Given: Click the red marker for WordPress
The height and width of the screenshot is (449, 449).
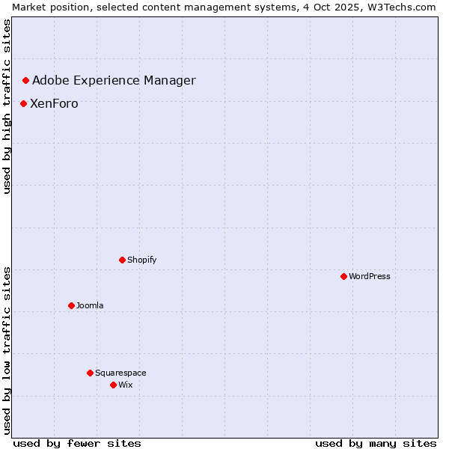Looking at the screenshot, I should click(x=343, y=276).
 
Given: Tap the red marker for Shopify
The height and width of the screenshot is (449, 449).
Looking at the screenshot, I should click(x=122, y=260).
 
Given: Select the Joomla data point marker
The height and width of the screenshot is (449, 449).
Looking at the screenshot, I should click(x=71, y=305).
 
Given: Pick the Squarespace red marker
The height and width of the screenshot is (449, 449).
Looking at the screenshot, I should click(x=90, y=373).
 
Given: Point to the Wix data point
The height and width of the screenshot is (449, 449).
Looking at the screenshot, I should click(x=113, y=385).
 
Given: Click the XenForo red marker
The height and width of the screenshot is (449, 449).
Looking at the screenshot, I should click(x=23, y=103).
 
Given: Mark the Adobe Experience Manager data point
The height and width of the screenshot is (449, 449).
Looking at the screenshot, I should click(x=25, y=80).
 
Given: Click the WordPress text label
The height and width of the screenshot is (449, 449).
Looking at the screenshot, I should click(x=370, y=276).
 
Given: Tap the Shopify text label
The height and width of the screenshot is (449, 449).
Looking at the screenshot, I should click(x=142, y=260).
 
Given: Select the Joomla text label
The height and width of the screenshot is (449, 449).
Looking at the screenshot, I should click(x=90, y=305).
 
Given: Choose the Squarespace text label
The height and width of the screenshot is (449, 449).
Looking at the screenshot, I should click(x=120, y=373).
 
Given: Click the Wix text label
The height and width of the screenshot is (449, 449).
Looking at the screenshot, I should click(x=126, y=385).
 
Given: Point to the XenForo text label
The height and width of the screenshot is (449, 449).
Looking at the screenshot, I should click(x=54, y=103).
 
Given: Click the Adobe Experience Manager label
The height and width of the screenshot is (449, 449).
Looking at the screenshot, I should click(x=114, y=80).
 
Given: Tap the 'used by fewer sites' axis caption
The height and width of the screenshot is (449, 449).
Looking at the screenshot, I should click(x=77, y=443).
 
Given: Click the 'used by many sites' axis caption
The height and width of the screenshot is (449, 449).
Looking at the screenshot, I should click(x=376, y=443).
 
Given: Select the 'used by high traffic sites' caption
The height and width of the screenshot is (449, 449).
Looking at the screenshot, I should click(x=7, y=106).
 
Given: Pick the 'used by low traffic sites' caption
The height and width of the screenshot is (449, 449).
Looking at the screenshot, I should click(x=7, y=350).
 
